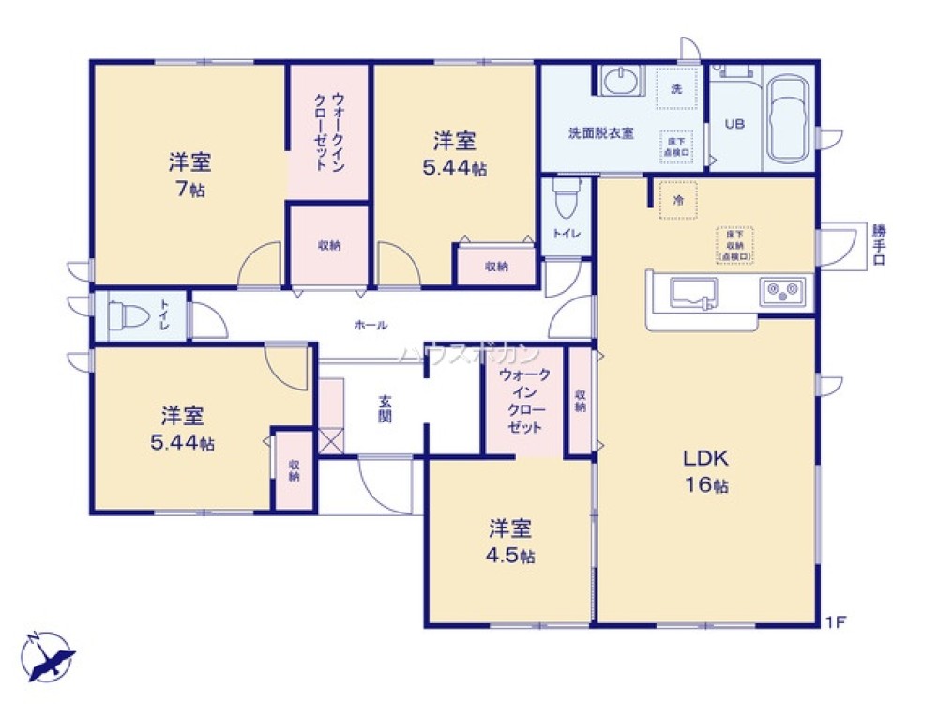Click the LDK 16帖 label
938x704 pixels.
[705, 471]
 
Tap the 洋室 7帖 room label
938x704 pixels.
[189, 175]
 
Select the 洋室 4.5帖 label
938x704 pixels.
[510, 541]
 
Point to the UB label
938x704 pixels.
[734, 124]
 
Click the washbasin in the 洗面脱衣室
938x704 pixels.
[619, 83]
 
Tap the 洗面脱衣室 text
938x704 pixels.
[600, 132]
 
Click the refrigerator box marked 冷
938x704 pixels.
[677, 200]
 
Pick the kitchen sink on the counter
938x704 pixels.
[695, 293]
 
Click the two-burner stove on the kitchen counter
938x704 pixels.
[784, 291]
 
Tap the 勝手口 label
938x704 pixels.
[878, 246]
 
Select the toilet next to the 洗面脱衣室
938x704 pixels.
[565, 198]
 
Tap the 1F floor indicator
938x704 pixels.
[836, 621]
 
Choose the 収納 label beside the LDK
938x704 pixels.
[581, 401]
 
